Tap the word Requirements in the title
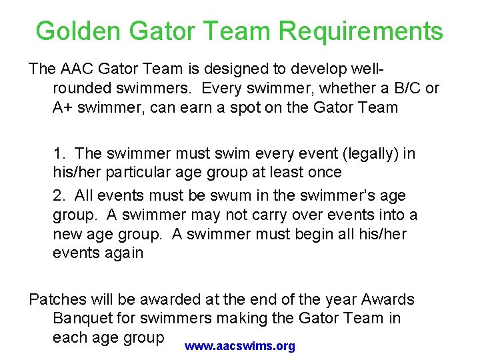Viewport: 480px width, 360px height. [x=361, y=31]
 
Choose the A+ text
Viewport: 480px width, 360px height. [x=63, y=107]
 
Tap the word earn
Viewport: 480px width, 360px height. [x=213, y=107]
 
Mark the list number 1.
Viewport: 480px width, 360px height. [x=58, y=153]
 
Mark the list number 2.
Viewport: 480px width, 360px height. [x=58, y=196]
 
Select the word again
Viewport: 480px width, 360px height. [x=122, y=253]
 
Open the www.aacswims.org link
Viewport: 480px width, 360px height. [x=240, y=347]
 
